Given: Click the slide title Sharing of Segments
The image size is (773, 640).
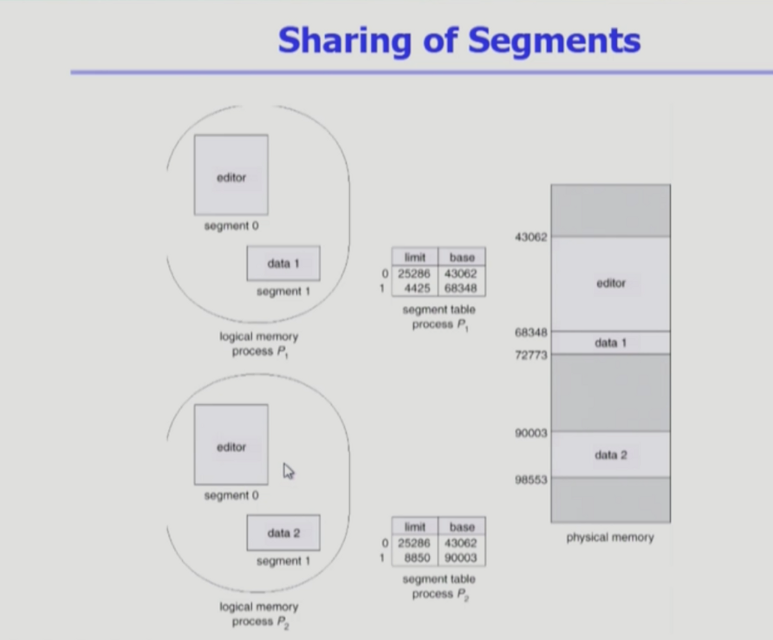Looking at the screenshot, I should pos(458,40).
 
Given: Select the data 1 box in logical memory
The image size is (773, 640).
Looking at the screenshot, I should pos(283,264).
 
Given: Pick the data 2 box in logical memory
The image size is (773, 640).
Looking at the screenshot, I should pos(283,533).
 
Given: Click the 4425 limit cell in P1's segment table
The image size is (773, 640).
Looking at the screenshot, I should pos(415,289).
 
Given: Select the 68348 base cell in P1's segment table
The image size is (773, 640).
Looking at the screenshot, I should pos(462,289).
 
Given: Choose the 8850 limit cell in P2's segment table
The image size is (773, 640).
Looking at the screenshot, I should pos(415,558).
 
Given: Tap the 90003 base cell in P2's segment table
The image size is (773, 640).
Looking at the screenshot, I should pos(462,558).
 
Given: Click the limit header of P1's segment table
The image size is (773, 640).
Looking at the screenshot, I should pos(415,258).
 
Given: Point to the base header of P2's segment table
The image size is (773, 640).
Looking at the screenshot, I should pos(462,526).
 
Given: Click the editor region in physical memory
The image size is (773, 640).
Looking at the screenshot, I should pos(610,284).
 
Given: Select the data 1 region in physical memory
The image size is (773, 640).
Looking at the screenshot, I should pos(610,343).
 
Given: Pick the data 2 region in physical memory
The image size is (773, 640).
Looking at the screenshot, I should pos(610,454).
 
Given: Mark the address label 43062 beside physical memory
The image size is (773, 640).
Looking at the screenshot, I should pos(530,237).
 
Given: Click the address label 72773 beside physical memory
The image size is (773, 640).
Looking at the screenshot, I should pos(530,355).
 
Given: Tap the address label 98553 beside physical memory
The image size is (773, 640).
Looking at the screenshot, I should pos(530,479).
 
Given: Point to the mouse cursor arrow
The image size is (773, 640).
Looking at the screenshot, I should pos(288,471).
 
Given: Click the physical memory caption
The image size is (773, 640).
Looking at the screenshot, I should pos(610,538).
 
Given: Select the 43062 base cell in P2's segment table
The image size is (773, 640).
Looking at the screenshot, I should pos(462,543).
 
